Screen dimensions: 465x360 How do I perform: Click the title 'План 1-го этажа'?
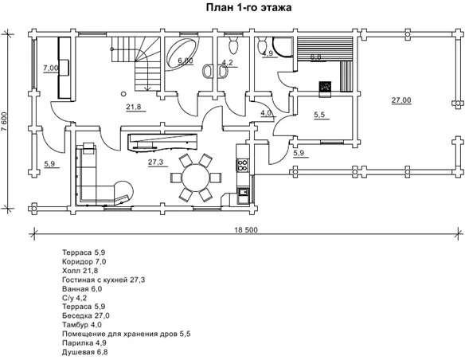click(x=248, y=8)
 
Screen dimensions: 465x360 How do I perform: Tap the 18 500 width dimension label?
click(x=247, y=230)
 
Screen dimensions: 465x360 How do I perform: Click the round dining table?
click(x=196, y=178)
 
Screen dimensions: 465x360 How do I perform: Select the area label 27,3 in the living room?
click(x=156, y=162)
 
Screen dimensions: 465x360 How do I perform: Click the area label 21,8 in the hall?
click(x=134, y=107)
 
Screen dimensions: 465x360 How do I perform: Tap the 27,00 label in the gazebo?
click(x=401, y=100)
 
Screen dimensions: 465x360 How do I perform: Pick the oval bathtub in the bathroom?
click(x=182, y=55)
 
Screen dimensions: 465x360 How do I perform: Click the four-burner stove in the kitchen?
click(x=243, y=165)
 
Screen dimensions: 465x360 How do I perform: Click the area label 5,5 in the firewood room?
click(x=319, y=115)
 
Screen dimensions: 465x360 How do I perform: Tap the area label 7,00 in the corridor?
click(x=51, y=68)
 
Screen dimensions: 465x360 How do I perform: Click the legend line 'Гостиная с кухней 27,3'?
click(x=104, y=280)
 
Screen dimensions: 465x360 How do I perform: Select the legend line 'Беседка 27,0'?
click(x=86, y=315)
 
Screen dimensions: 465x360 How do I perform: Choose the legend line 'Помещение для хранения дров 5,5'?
click(x=127, y=334)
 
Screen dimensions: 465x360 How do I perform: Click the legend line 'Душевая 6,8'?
click(x=85, y=352)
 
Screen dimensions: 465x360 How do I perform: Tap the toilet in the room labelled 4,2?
click(x=233, y=46)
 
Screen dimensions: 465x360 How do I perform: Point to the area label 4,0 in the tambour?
click(x=266, y=113)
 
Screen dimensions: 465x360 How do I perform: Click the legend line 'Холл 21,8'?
click(x=80, y=271)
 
